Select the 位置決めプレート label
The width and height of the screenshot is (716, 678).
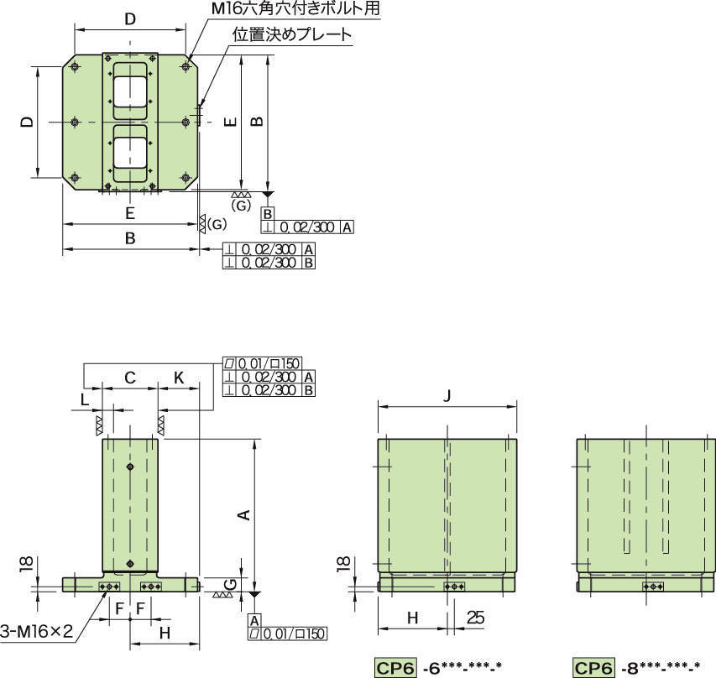pos(292,34)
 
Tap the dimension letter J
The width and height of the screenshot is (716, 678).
pos(447,395)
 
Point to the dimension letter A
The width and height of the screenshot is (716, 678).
pos(245,514)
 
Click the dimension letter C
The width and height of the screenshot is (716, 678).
pos(130,378)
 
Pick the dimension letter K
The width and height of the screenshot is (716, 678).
pos(179,378)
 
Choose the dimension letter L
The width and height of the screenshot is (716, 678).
pos(85,400)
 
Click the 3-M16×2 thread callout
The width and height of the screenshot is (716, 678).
pos(37,631)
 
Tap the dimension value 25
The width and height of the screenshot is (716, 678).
pos(475,618)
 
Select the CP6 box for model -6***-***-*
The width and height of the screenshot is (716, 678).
pos(395,668)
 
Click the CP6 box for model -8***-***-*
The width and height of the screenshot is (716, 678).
pos(593,668)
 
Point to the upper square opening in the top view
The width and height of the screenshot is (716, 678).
pos(130,91)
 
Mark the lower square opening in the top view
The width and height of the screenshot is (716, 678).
pos(130,153)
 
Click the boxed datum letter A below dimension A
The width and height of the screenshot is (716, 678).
pos(254,620)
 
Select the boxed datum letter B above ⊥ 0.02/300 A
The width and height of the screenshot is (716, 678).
pos(268,214)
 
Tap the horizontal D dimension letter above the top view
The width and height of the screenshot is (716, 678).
pos(130,19)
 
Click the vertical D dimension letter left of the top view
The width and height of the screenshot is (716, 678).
pos(29,122)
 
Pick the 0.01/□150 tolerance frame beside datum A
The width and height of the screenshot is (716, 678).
pos(288,634)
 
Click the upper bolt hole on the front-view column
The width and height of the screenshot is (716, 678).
pos(131,467)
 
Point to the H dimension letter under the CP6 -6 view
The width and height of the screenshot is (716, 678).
pos(412,618)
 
